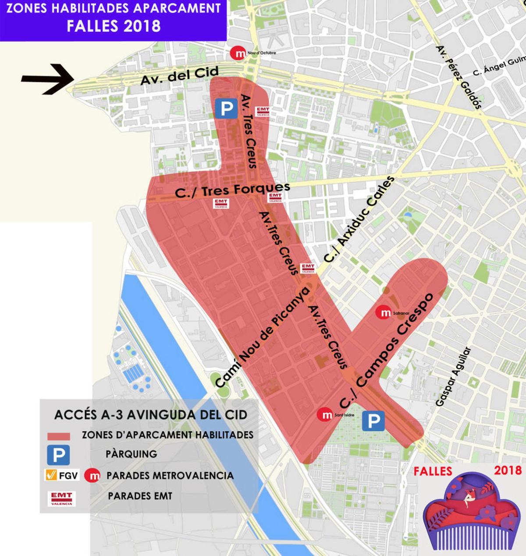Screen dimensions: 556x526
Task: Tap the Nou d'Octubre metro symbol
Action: (239, 53)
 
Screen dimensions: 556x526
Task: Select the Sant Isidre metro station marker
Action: (326, 415)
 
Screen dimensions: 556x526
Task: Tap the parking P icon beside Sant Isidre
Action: (373, 421)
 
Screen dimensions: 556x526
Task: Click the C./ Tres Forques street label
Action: (232, 191)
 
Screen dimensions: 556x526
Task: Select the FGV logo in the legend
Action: (62, 475)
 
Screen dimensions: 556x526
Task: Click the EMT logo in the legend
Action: (62, 498)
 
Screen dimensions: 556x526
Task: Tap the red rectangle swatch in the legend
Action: (58, 436)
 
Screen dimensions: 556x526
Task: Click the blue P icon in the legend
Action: (58, 455)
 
